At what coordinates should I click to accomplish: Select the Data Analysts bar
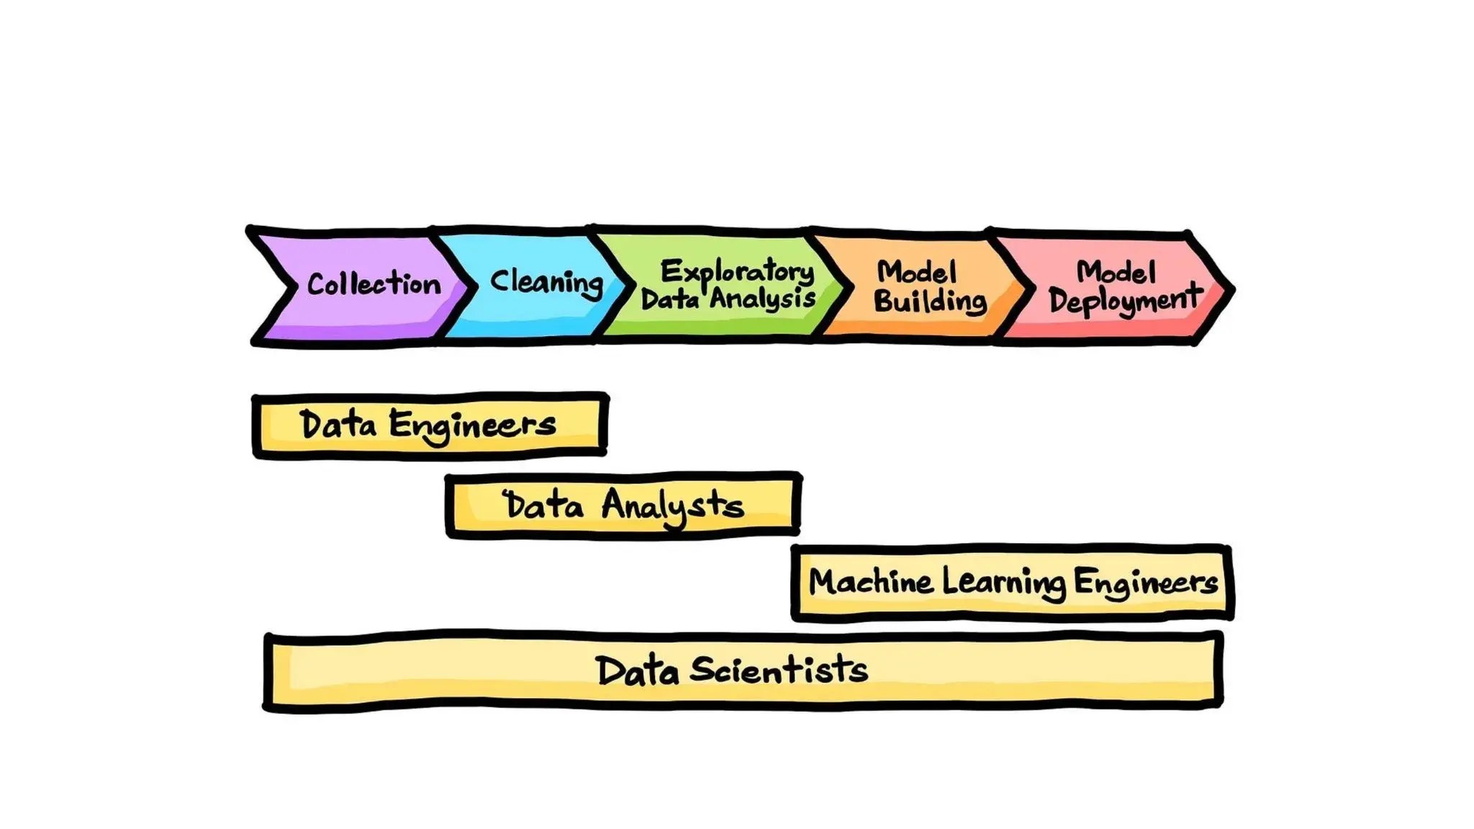point(623,505)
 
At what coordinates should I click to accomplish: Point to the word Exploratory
point(737,272)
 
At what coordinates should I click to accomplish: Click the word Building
point(930,301)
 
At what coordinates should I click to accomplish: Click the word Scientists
point(778,670)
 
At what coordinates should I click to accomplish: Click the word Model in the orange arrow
point(917,272)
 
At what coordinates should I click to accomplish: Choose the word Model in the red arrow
point(1116,272)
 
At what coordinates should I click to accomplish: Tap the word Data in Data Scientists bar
point(638,671)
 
